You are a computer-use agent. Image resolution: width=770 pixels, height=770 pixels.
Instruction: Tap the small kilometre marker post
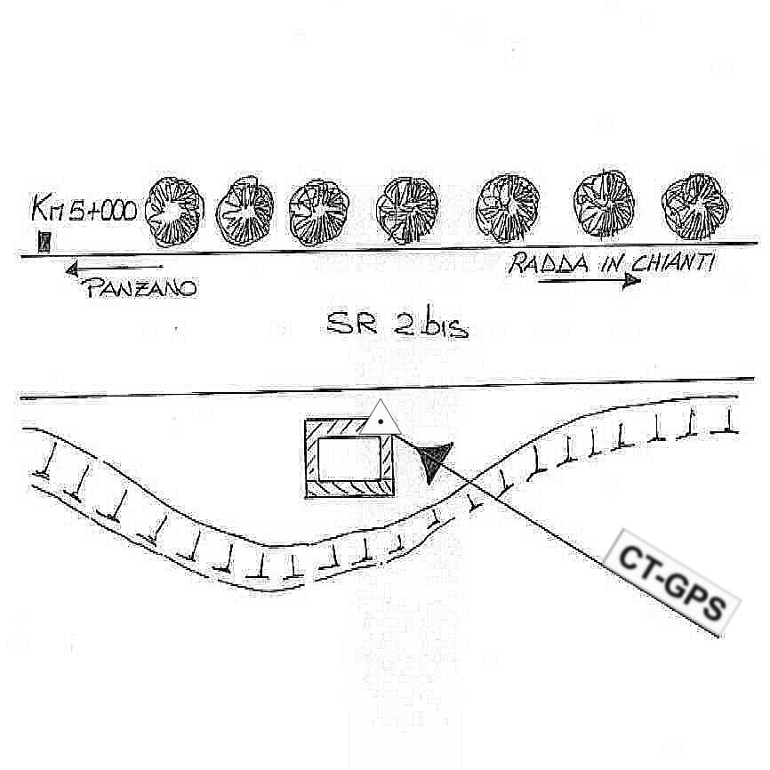click(44, 241)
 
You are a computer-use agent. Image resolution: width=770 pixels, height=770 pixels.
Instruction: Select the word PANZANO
click(140, 288)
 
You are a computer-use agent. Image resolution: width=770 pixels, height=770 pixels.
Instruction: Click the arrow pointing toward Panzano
click(114, 267)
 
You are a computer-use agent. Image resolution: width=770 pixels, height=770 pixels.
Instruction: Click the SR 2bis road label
click(397, 325)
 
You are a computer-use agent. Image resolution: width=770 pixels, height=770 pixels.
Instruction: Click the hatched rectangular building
click(349, 457)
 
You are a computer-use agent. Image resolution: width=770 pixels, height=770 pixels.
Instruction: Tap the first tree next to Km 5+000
click(175, 212)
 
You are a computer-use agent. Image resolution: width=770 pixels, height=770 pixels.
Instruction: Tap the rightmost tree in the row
click(696, 207)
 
